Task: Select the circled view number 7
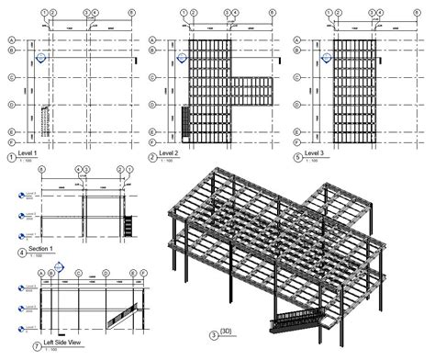coord(10,346)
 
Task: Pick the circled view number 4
coord(10,252)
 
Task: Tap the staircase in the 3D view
coord(294,322)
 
